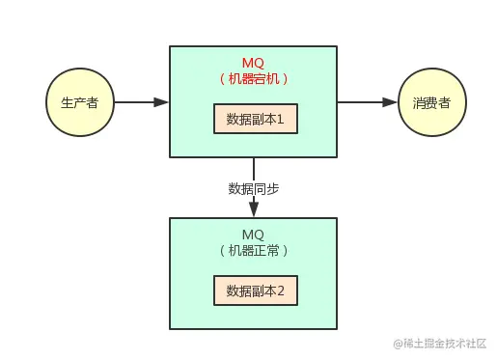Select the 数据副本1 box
click(x=255, y=119)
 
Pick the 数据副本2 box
click(x=255, y=290)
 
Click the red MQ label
click(x=254, y=62)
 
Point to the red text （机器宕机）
click(x=254, y=78)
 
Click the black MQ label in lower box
click(x=254, y=235)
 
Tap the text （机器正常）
click(x=254, y=250)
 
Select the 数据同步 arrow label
click(x=254, y=188)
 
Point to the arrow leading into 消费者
click(x=367, y=101)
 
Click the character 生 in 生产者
click(x=66, y=102)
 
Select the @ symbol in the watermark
click(x=395, y=345)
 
